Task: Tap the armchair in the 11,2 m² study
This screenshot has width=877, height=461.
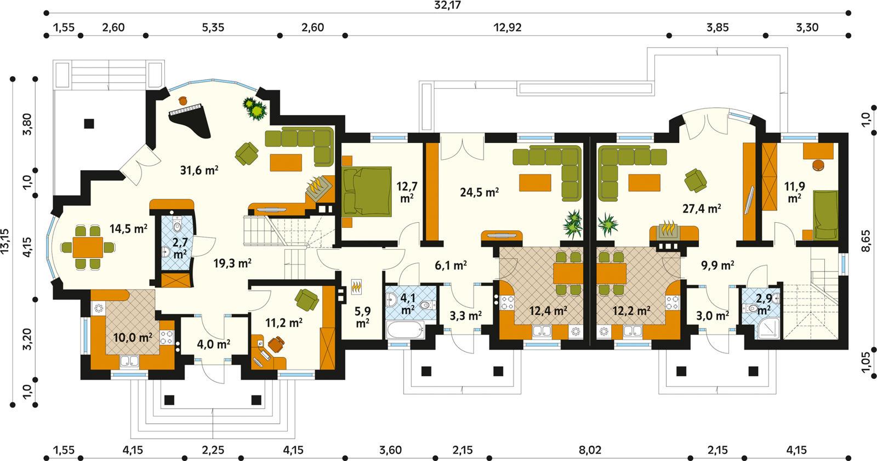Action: pos(305,299)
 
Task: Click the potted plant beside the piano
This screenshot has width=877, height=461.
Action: pos(255,108)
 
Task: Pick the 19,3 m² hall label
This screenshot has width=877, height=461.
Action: pos(232,263)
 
